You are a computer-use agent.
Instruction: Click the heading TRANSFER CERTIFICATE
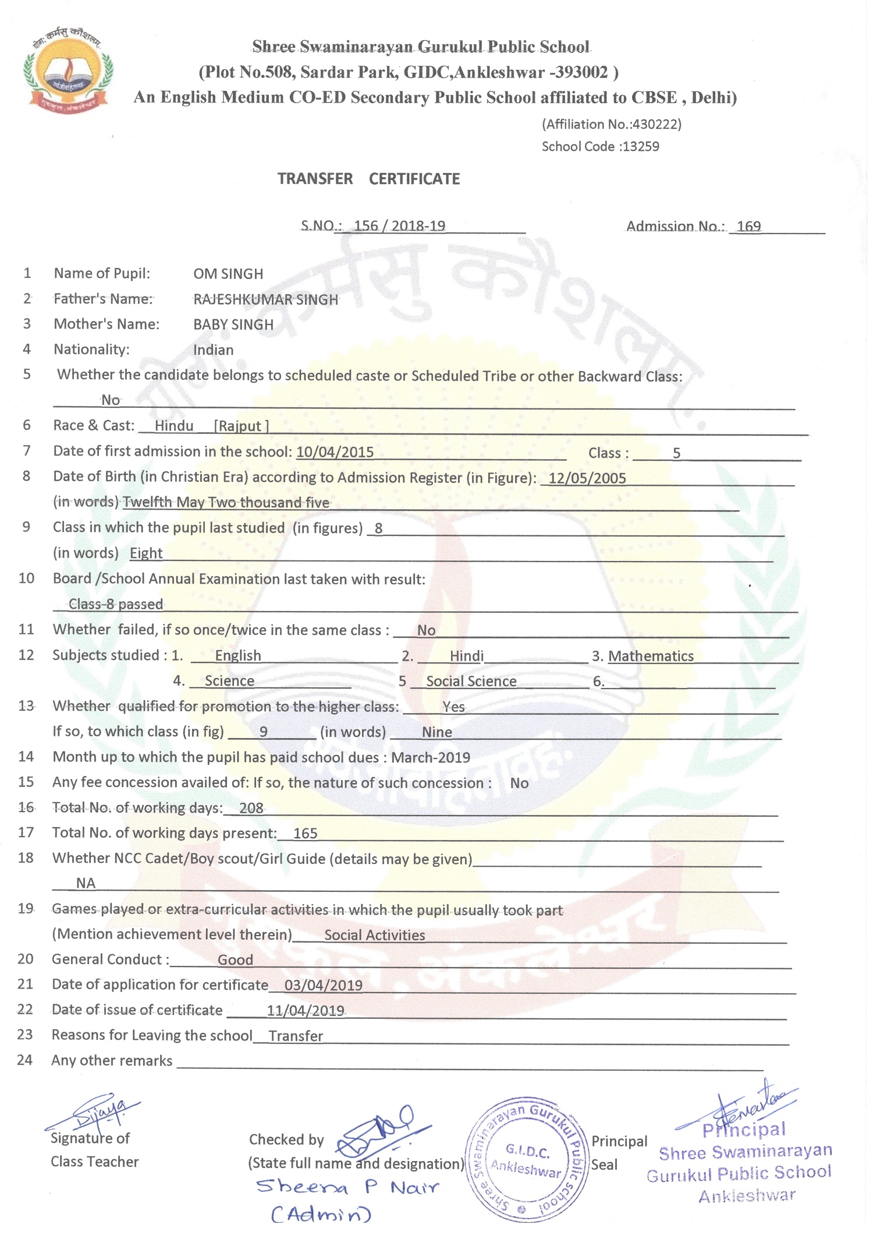[x=368, y=179]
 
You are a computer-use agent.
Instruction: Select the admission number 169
[x=748, y=227]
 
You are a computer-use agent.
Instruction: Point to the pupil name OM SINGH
[x=228, y=274]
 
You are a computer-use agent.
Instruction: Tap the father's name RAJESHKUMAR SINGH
[x=265, y=299]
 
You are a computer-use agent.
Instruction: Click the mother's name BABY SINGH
[x=233, y=324]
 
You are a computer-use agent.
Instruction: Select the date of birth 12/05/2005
[x=587, y=478]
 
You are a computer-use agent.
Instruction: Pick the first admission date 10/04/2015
[x=335, y=452]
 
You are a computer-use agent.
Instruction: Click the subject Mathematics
[x=651, y=657]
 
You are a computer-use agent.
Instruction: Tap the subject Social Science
[x=471, y=682]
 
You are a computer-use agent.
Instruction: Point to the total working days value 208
[x=251, y=808]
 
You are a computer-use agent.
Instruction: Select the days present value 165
[x=305, y=834]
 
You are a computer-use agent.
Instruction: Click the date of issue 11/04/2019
[x=306, y=1011]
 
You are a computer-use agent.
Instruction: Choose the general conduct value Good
[x=235, y=960]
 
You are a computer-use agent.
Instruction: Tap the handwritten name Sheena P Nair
[x=347, y=1187]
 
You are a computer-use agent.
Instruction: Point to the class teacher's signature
[x=96, y=1113]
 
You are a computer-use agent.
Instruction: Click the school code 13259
[x=640, y=147]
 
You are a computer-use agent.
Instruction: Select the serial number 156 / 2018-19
[x=399, y=226]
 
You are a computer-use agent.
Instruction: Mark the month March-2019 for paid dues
[x=430, y=758]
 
